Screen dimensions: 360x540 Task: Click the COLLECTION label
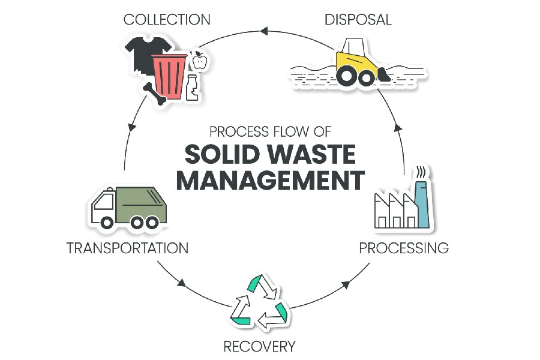tap(167, 19)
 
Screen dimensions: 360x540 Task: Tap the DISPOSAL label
tap(358, 19)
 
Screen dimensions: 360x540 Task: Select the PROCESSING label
tap(404, 247)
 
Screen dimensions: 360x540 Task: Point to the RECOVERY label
tap(259, 346)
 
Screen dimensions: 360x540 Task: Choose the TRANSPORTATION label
tap(127, 247)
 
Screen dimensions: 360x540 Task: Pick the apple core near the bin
tap(199, 60)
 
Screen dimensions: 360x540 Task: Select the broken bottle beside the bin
tap(192, 88)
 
